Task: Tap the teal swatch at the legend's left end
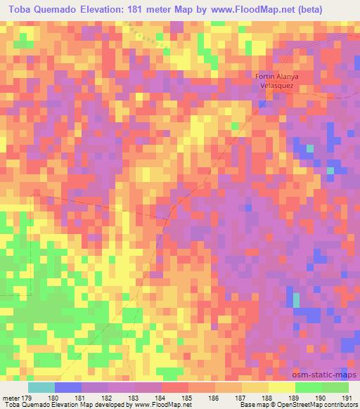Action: pos(41,387)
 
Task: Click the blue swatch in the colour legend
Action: pos(67,387)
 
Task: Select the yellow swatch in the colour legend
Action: pos(281,387)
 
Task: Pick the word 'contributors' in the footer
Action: pos(340,405)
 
